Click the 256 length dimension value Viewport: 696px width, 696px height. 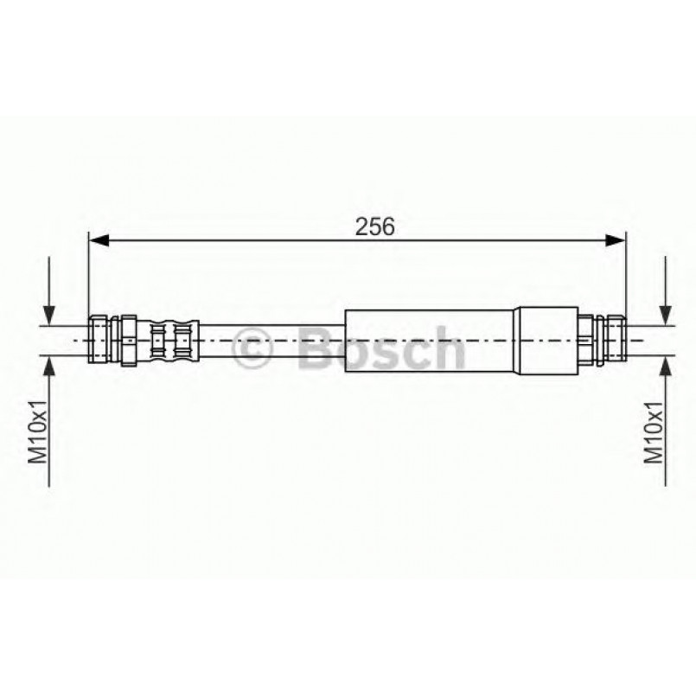click(374, 227)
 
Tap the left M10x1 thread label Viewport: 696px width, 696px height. click(37, 431)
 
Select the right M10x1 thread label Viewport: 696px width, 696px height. click(654, 431)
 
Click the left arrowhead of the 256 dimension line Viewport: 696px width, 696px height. click(99, 240)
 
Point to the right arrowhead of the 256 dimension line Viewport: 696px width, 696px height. click(616, 240)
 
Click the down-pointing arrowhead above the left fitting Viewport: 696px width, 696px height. click(49, 316)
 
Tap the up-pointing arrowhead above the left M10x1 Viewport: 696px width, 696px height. click(49, 366)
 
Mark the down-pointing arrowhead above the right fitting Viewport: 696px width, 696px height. click(666, 316)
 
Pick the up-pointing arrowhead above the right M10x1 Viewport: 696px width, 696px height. click(666, 366)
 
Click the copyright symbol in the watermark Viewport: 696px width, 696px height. click(252, 348)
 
